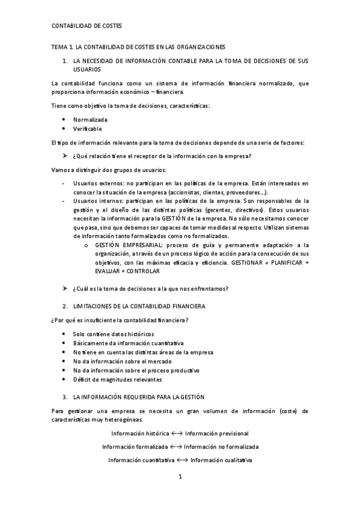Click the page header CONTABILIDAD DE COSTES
tap(87, 26)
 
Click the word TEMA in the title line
tap(59, 46)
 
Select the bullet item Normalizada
tap(91, 120)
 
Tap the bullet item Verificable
tap(88, 129)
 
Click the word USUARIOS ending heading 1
tap(87, 70)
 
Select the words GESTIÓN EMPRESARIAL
tap(127, 245)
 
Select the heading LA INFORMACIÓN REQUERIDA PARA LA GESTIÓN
tap(139, 397)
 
